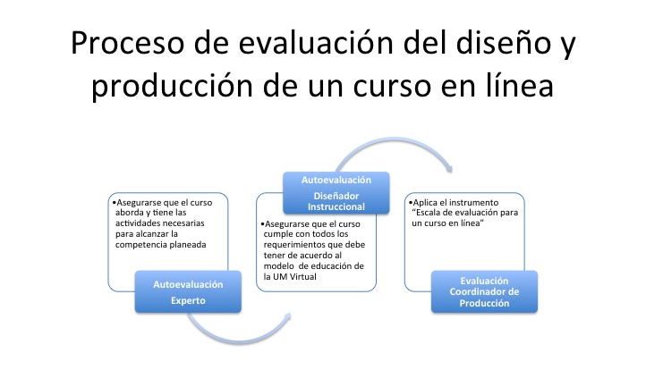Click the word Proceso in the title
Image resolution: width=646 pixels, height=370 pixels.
click(127, 43)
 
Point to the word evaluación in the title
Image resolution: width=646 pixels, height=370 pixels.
click(316, 42)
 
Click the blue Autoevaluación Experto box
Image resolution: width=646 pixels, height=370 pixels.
click(188, 292)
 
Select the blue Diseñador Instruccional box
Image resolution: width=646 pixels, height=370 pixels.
click(336, 193)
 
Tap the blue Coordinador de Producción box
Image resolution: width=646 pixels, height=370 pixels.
click(485, 292)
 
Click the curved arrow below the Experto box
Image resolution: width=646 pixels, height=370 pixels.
click(239, 340)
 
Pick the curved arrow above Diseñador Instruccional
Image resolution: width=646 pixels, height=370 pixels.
click(395, 140)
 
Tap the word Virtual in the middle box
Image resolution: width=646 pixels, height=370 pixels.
click(302, 276)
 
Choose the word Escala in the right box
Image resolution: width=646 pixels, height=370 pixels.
click(428, 213)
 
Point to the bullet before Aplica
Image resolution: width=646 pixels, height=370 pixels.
click(411, 203)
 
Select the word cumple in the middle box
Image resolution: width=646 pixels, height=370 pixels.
click(276, 234)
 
